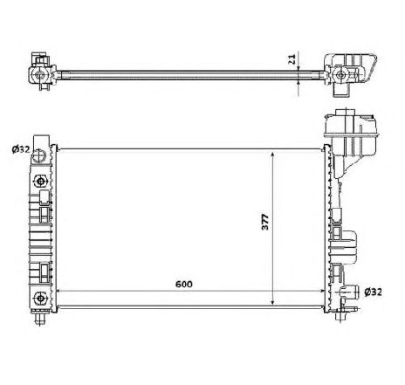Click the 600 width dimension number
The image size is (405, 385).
click(184, 285)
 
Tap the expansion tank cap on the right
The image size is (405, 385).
click(341, 116)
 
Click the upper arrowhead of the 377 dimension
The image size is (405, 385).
click(275, 151)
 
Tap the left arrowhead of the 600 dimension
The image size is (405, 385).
click(59, 292)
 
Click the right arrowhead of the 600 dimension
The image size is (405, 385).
click(324, 292)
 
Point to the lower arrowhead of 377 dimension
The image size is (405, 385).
click(275, 306)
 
